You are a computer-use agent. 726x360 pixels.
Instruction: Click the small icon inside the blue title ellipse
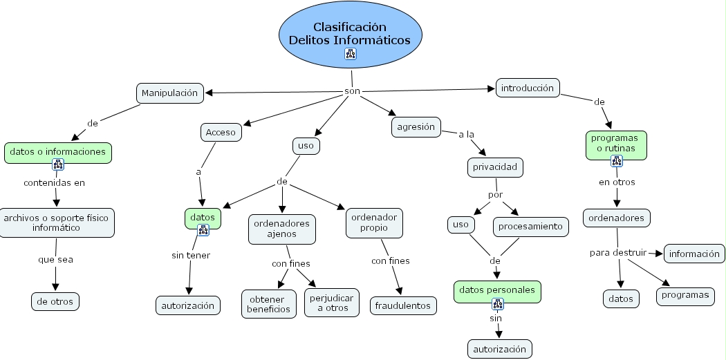point(350,54)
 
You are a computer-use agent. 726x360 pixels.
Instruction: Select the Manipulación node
point(169,93)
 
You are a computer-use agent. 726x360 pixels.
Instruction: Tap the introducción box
point(528,88)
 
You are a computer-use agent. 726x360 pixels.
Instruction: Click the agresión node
point(416,127)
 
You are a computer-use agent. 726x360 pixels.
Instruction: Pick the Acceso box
point(221,132)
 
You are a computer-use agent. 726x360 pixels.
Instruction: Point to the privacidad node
point(494,167)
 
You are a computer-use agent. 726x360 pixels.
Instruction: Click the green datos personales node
point(496,290)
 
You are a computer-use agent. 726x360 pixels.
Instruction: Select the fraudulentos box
point(403,305)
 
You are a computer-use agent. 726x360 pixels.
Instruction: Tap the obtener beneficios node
point(269,303)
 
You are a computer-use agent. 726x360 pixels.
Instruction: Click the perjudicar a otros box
point(332,303)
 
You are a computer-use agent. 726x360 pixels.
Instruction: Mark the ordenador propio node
point(374,222)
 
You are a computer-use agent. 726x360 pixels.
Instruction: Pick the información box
point(694,254)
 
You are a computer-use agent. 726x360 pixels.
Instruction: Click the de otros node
point(55,301)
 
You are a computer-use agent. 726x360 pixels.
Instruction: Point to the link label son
point(352,91)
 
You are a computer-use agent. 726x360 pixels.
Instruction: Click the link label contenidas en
point(55,183)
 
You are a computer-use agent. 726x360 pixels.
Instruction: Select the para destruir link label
point(617,252)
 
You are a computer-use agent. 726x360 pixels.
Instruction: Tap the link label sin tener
point(191,255)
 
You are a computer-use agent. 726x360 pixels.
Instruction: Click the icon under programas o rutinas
point(617,161)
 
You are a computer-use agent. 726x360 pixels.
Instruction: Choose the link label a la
point(467,134)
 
